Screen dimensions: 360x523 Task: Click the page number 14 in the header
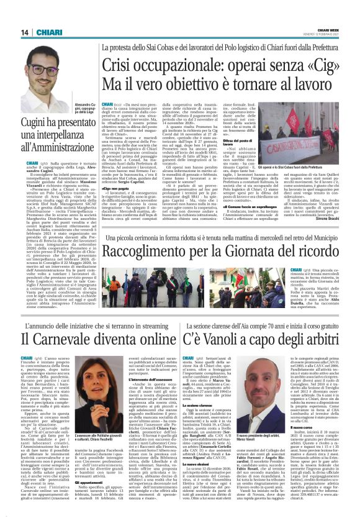25,32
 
